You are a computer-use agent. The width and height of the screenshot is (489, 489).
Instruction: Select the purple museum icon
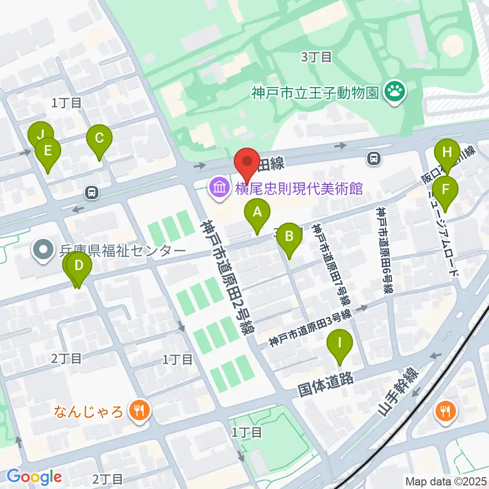(x=220, y=189)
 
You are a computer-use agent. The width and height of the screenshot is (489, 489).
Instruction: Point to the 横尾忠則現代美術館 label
(x=298, y=189)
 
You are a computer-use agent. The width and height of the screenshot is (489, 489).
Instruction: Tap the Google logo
(x=34, y=477)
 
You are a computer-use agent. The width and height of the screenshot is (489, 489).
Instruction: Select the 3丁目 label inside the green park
(x=316, y=57)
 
